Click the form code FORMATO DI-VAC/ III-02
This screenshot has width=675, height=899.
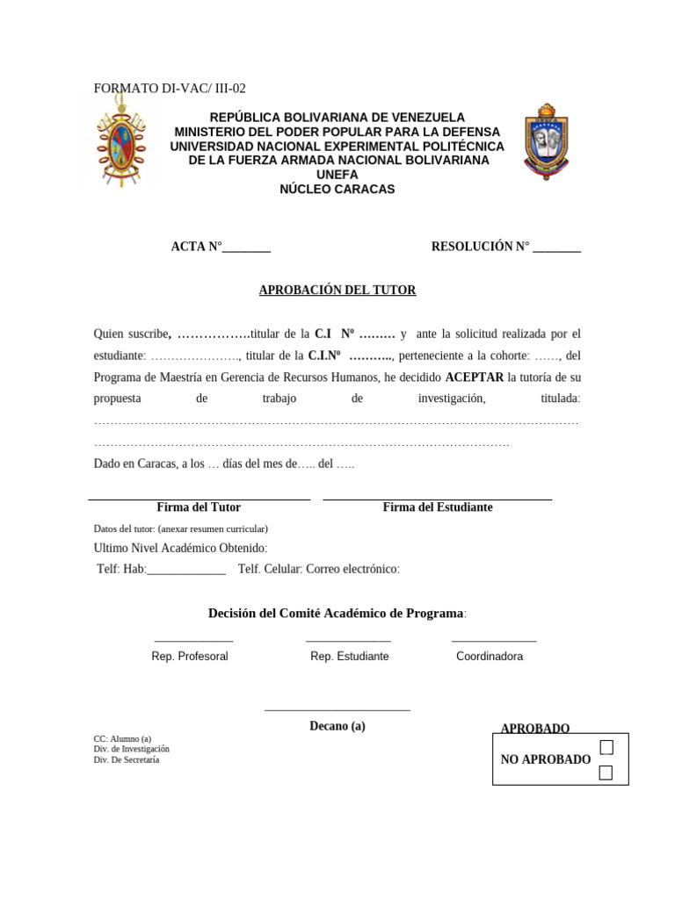pos(170,88)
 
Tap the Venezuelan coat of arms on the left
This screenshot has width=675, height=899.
pos(121,143)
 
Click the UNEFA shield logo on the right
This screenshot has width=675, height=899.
pos(547,142)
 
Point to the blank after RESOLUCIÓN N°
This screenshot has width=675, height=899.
pos(556,248)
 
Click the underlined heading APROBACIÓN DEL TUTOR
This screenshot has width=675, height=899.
pos(337,290)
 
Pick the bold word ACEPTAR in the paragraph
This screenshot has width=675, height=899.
pos(475,377)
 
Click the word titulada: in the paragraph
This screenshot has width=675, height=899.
pos(560,399)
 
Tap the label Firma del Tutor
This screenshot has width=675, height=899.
pos(199,507)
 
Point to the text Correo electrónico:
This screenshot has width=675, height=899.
pos(352,569)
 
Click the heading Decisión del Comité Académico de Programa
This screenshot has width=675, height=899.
pos(335,613)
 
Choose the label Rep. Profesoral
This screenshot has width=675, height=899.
pos(190,657)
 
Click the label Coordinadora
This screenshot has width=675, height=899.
pos(490,657)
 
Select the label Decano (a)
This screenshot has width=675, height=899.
pos(337,726)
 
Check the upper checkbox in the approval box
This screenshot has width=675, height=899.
pos(606,747)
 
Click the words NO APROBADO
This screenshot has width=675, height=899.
pos(545,759)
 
